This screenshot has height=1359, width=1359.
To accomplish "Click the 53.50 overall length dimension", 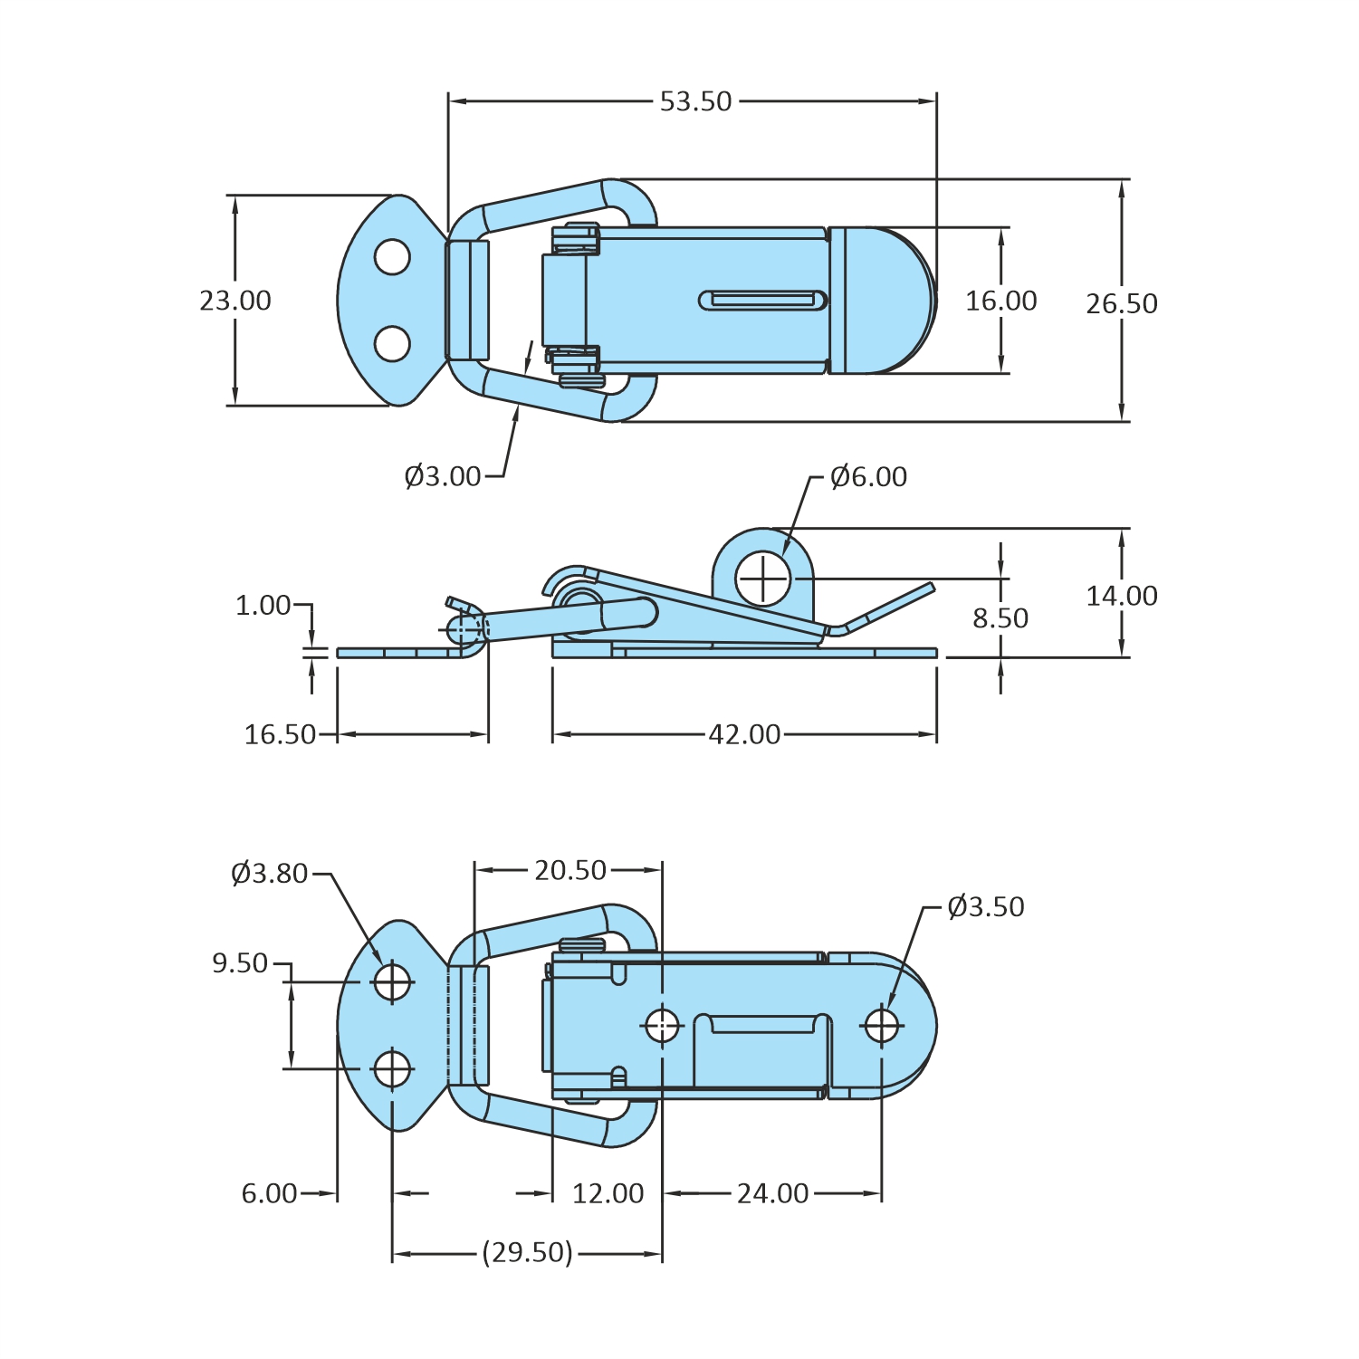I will (x=695, y=101).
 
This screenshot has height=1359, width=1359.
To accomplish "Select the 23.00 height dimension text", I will (x=235, y=301).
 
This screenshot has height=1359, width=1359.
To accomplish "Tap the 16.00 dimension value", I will (x=1000, y=301).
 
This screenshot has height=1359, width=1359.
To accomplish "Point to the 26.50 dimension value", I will (x=1122, y=303).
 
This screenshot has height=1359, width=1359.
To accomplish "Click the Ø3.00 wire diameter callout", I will (x=443, y=476).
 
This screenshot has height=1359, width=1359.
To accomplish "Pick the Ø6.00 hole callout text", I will (x=868, y=477).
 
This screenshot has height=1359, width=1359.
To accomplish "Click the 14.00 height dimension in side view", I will (x=1122, y=596).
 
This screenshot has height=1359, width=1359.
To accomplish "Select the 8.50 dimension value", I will (x=1000, y=618).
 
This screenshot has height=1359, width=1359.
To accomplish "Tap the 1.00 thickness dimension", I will (x=263, y=606).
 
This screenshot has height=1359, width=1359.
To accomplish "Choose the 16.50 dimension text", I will (x=281, y=734).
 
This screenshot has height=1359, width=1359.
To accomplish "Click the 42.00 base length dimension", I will (x=744, y=734).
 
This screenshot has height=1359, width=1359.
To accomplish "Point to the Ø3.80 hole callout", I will (x=270, y=874).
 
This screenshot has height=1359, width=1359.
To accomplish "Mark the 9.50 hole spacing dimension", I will (x=240, y=963).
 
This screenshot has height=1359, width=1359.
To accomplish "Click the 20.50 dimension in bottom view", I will (x=570, y=870).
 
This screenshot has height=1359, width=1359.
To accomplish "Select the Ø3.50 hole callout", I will (x=986, y=907).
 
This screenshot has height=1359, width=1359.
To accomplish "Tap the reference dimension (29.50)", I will (x=527, y=1253).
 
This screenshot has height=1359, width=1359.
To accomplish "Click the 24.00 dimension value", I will (x=772, y=1193).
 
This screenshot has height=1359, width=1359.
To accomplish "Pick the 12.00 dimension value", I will (x=608, y=1193).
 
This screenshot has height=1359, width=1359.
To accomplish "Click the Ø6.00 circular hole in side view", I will (x=763, y=579).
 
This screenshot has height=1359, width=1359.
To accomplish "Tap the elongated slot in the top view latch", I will (x=763, y=300).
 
